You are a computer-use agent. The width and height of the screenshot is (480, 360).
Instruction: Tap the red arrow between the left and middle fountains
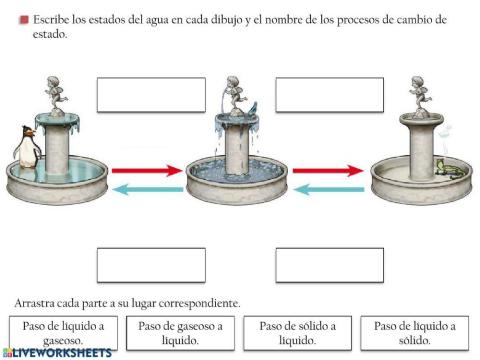tap(150, 171)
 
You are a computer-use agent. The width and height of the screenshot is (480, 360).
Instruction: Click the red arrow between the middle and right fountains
tap(327, 171)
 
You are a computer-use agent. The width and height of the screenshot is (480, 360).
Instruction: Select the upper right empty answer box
tap(329, 94)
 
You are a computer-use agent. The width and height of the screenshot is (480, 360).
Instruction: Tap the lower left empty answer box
tap(150, 265)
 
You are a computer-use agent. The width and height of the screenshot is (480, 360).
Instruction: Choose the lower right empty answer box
tap(329, 265)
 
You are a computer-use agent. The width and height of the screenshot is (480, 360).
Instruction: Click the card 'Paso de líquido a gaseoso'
tap(62, 332)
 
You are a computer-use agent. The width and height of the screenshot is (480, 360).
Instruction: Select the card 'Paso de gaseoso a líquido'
tap(181, 332)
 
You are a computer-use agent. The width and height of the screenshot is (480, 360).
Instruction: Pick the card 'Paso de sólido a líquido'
tap(298, 332)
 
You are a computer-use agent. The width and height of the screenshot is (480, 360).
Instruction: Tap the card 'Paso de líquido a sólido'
tap(414, 332)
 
